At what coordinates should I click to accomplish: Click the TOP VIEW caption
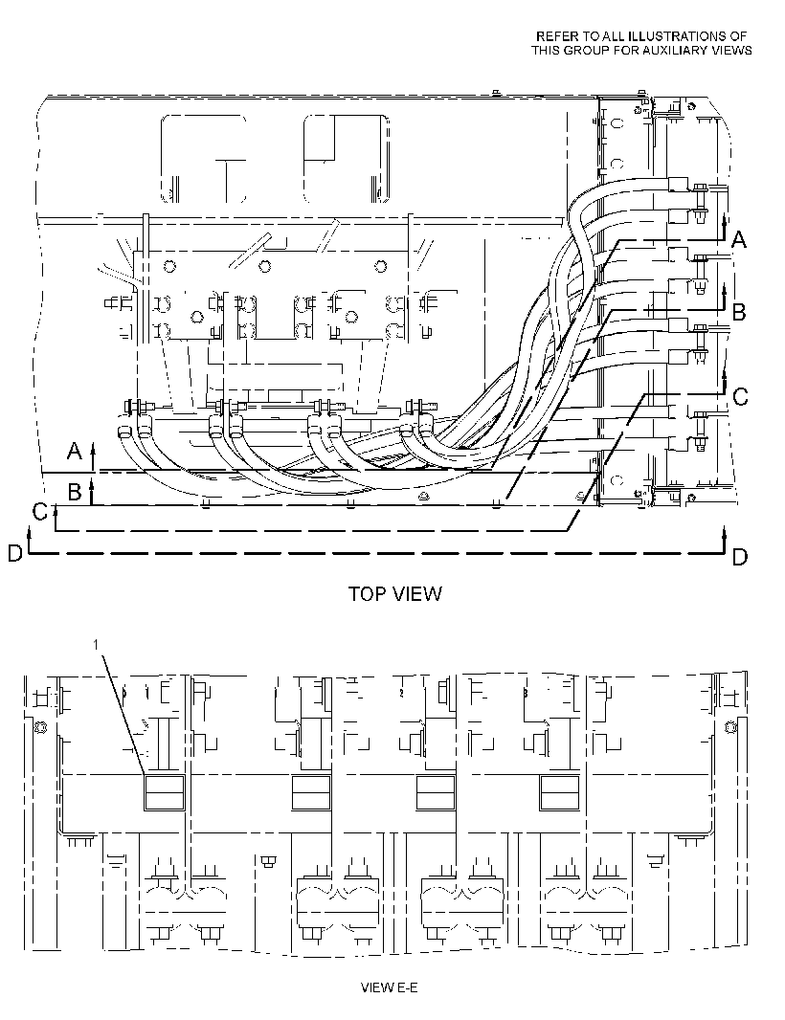click(395, 593)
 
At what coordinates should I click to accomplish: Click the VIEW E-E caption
click(390, 987)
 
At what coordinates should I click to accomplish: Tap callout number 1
click(96, 644)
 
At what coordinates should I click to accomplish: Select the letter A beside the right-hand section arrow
click(739, 240)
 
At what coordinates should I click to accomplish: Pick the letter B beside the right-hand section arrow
click(739, 312)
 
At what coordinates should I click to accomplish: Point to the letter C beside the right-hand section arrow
click(740, 396)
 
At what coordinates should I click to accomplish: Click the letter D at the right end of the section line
click(740, 557)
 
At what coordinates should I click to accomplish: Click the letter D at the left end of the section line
click(15, 553)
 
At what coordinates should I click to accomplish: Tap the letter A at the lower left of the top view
click(75, 450)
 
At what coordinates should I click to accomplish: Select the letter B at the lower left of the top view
click(75, 492)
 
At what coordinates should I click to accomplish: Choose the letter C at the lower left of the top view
click(40, 513)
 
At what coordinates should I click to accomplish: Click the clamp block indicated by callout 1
click(164, 792)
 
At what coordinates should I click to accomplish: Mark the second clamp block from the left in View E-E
click(311, 792)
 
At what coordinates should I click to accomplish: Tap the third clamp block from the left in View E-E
click(436, 792)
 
